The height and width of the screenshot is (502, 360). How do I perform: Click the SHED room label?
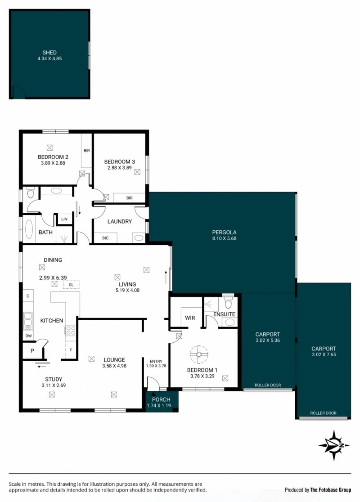(49, 53)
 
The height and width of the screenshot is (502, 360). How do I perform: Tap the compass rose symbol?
(334, 445)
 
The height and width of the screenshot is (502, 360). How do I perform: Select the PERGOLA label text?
(224, 233)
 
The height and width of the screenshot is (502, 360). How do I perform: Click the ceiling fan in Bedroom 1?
(199, 354)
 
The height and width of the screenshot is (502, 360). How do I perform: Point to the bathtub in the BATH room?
(29, 229)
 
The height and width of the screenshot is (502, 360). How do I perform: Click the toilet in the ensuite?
(228, 303)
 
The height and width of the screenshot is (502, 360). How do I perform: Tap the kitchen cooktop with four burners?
(71, 331)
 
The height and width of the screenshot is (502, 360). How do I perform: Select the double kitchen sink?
(28, 321)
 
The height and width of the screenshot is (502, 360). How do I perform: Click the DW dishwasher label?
(28, 336)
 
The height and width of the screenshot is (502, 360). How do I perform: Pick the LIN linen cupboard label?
(64, 220)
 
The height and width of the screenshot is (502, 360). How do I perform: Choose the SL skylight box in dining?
(71, 285)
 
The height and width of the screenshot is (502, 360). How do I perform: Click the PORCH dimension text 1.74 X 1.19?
(159, 406)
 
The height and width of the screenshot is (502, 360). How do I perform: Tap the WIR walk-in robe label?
(190, 318)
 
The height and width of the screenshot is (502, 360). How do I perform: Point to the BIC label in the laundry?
(105, 238)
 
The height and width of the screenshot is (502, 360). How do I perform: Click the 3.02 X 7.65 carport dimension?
(324, 354)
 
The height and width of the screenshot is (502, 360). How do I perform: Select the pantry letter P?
(32, 351)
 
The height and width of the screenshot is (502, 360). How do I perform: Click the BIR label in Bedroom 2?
(87, 151)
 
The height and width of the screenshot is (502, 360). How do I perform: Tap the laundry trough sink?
(139, 238)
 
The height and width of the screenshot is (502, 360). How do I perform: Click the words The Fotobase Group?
(331, 490)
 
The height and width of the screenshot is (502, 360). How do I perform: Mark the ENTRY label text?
(156, 362)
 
